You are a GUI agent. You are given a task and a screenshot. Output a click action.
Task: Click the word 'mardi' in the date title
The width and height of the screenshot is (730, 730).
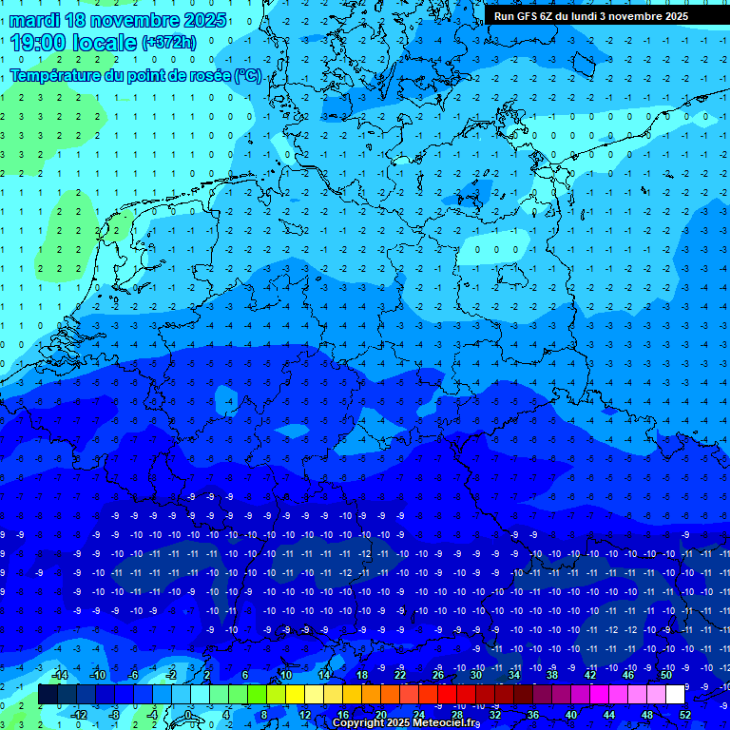[x=39, y=20]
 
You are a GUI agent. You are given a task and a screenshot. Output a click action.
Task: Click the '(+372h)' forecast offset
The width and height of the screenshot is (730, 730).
[x=169, y=43]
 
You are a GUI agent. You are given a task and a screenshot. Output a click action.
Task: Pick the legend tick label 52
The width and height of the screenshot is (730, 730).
[x=684, y=715]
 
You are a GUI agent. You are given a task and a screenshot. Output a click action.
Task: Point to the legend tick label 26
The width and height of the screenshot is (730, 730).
[x=438, y=675]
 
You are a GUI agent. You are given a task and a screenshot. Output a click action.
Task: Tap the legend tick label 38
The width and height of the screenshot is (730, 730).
[x=552, y=675]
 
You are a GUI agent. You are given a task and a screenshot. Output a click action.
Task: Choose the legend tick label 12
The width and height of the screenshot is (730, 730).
[x=305, y=715]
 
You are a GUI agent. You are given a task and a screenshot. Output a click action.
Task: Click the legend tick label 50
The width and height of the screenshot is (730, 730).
[x=665, y=675]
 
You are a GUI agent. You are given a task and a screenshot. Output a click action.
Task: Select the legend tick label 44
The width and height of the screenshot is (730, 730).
[x=609, y=715]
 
